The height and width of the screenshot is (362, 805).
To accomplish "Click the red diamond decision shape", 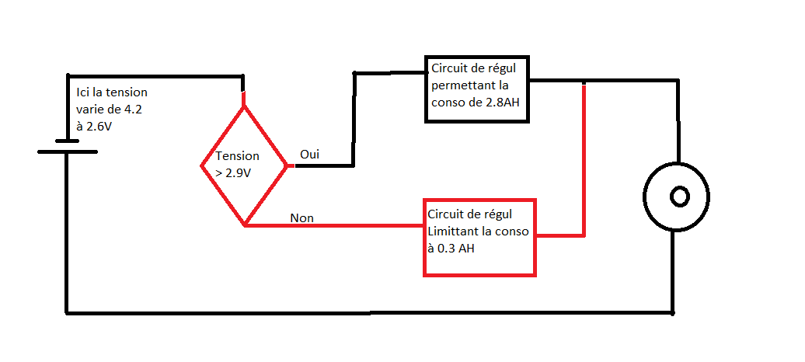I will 244,165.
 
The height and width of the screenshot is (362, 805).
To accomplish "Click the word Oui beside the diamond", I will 309,155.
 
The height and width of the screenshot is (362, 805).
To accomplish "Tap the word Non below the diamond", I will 301,218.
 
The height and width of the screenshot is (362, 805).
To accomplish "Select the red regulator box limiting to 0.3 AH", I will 479,237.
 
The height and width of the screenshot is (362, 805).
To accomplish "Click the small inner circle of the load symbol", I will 679,197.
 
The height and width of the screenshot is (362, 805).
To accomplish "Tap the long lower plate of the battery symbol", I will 68,151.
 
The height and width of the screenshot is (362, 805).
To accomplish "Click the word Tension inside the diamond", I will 237,156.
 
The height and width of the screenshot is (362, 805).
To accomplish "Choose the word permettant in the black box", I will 464,85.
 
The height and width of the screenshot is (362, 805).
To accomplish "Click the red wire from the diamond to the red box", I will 334,226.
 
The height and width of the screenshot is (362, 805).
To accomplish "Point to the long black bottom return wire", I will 369,313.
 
